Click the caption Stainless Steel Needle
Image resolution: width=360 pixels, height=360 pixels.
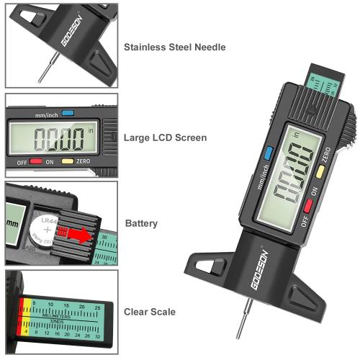tap(174, 48)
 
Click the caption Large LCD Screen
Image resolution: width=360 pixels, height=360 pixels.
tap(165, 138)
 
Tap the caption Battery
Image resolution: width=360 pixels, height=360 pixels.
tap(140, 224)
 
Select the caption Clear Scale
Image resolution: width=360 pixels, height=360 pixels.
tap(149, 312)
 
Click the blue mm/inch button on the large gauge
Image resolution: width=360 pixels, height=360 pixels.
tap(268, 152)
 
